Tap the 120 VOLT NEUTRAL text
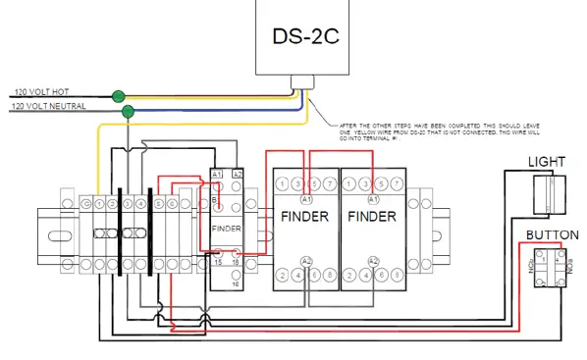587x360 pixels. [47, 105]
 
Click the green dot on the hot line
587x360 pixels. [119, 96]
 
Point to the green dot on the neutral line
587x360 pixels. [128, 111]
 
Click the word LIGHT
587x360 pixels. [546, 161]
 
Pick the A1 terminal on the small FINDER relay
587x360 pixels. [218, 174]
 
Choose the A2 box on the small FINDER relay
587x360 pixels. [237, 174]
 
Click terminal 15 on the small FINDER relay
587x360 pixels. [218, 261]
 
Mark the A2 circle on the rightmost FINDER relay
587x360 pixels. [373, 260]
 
